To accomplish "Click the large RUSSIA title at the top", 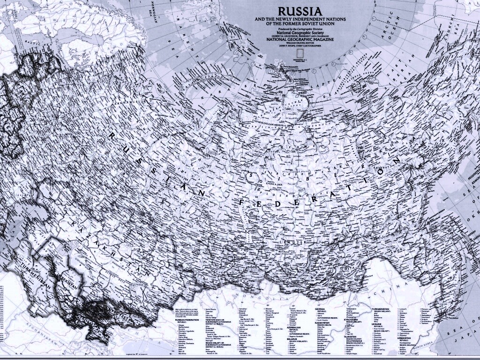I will pyautogui.click(x=300, y=11).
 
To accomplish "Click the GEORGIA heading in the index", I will pyautogui.click(x=320, y=309).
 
